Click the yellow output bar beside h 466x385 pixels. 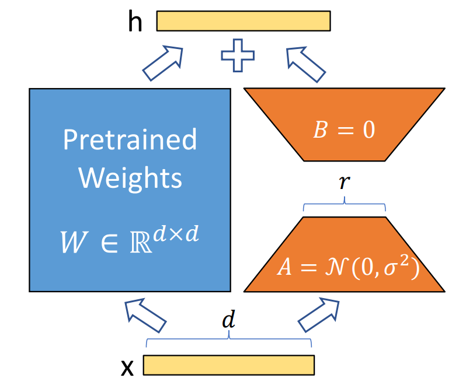pyautogui.click(x=243, y=21)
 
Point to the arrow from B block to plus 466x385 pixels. pyautogui.click(x=307, y=62)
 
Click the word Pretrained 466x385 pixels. pyautogui.click(x=130, y=140)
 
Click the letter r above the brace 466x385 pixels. pyautogui.click(x=344, y=183)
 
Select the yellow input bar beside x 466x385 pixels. pyautogui.click(x=228, y=365)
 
